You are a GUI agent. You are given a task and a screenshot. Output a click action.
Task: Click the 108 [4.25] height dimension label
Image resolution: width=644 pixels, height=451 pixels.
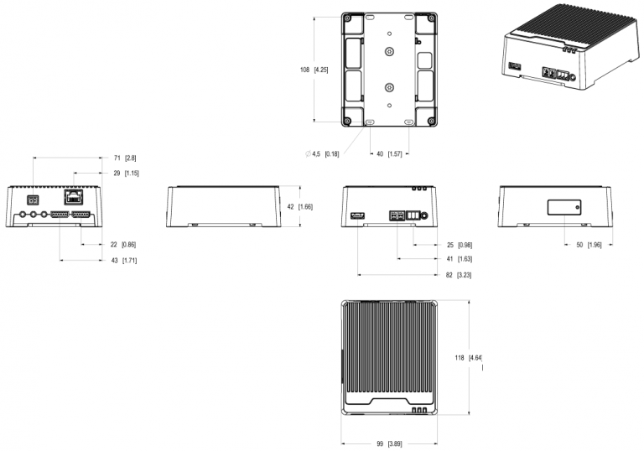tap(314, 70)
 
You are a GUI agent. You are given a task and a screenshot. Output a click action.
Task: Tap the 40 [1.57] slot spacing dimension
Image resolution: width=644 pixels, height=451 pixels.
tap(389, 154)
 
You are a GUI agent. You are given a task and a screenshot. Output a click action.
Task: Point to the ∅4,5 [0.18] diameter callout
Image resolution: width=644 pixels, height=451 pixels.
tap(322, 154)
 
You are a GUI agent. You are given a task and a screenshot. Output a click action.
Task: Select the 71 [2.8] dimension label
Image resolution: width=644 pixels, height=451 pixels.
tap(125, 158)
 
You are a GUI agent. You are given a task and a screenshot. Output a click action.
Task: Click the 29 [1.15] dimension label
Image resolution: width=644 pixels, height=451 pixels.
tap(126, 174)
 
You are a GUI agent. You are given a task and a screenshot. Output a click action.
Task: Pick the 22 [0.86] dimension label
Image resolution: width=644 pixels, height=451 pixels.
tap(123, 245)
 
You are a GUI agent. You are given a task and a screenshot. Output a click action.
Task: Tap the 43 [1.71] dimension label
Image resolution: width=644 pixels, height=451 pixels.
tap(124, 261)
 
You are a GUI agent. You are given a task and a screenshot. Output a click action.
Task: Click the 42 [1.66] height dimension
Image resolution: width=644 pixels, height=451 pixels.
tap(300, 206)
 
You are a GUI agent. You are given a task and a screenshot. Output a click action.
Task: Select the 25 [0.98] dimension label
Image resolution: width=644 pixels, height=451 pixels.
tap(460, 246)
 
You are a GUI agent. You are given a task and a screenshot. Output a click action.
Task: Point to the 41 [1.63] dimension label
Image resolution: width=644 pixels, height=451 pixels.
tap(460, 259)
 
